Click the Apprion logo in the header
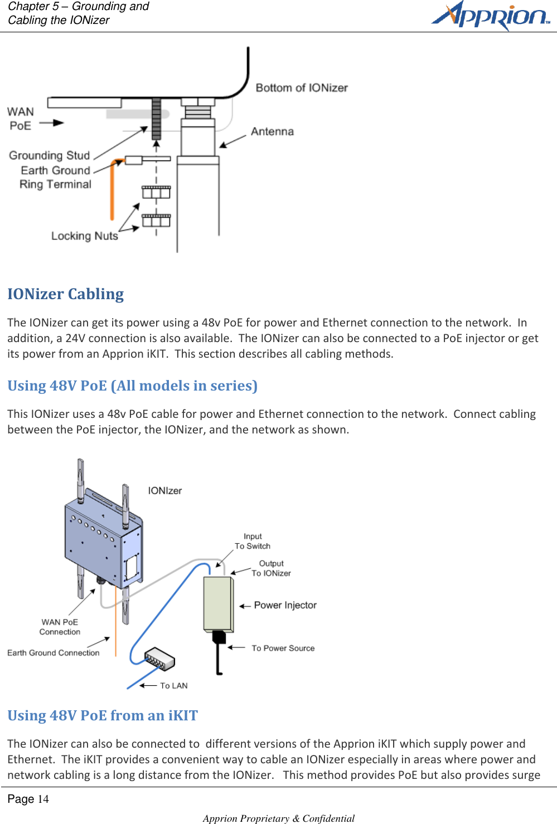491,16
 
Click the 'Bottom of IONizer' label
302,88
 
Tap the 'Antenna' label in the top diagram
272,131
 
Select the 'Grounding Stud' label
49,155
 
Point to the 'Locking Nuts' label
84,236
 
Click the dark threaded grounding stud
156,119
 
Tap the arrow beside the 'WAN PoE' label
52,123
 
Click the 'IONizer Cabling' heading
66,294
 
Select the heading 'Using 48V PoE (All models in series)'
132,386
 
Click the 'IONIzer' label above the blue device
164,491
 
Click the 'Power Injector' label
285,606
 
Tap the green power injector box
218,604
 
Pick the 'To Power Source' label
283,649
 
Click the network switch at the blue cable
159,659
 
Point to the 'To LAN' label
173,686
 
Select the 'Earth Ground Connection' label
54,653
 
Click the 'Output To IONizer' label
271,568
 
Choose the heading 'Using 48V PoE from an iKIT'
103,715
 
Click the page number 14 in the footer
43,799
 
